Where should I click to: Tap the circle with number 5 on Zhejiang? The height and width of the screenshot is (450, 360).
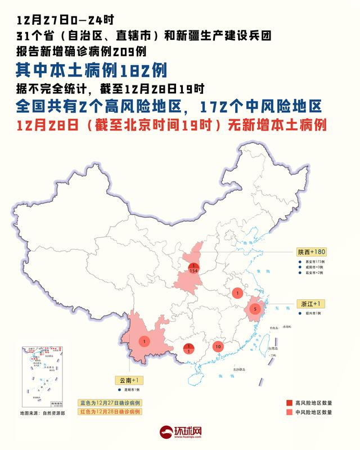click(x=255, y=309)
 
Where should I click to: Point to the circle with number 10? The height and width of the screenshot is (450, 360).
click(x=218, y=346)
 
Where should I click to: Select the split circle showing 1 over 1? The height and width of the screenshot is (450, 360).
click(x=190, y=349)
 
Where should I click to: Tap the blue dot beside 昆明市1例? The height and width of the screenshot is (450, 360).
click(x=119, y=390)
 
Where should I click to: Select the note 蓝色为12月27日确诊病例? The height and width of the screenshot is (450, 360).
click(x=109, y=403)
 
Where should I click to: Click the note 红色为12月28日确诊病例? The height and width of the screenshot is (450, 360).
click(x=109, y=412)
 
